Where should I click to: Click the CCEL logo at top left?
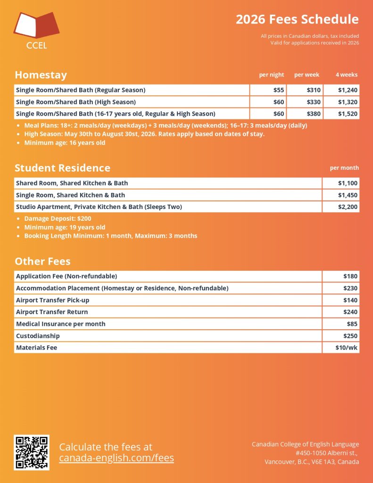tap(36, 30)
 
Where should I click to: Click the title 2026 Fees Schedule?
tap(297, 19)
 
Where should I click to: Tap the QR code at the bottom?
tap(32, 452)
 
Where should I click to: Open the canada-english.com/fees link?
tap(116, 458)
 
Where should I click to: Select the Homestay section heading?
tap(41, 75)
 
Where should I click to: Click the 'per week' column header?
tap(307, 75)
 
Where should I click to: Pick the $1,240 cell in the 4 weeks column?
tap(348, 90)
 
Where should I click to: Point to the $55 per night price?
tap(278, 90)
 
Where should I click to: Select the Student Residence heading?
tap(62, 168)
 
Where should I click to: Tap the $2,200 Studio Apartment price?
tap(348, 207)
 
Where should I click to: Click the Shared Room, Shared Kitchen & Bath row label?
tap(72, 183)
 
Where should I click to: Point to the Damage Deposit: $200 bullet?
tap(58, 219)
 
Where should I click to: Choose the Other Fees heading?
tap(42, 261)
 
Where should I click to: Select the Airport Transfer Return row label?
tap(52, 312)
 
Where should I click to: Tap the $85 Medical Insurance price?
tap(352, 324)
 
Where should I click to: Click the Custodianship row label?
tap(38, 336)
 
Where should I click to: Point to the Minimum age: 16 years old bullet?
tap(65, 143)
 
